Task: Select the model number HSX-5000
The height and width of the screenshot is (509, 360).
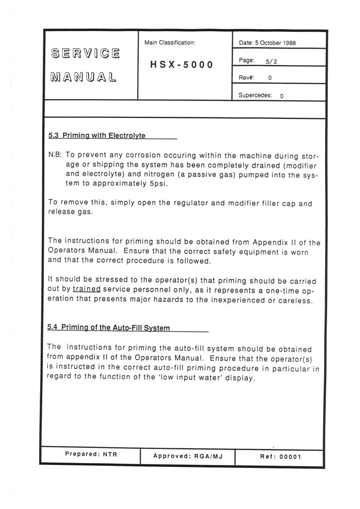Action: [181, 65]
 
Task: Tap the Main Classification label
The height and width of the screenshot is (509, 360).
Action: [170, 43]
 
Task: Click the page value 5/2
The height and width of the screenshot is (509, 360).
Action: [271, 61]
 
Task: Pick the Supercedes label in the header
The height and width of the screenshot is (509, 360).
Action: [255, 95]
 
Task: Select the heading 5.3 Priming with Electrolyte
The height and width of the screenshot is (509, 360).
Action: [97, 135]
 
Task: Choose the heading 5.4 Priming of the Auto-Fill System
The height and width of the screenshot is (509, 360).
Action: [109, 328]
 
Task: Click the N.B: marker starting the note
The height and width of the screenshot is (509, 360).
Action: [55, 155]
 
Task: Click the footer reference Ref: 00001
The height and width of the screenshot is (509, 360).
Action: [281, 456]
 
